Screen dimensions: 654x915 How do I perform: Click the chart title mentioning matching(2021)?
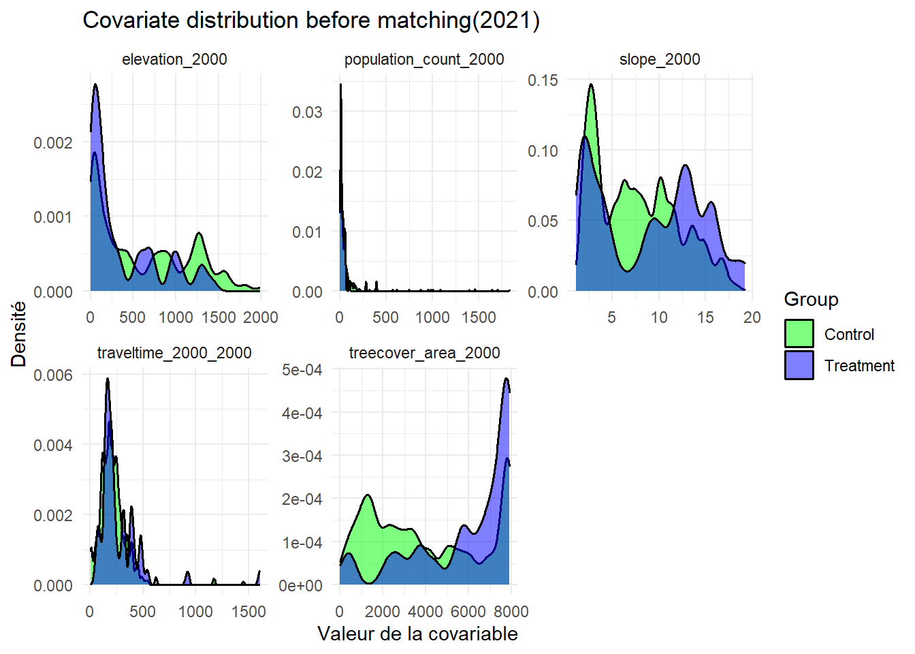point(311,20)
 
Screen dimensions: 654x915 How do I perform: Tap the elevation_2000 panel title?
point(174,59)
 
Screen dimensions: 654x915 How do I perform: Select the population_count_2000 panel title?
point(424,59)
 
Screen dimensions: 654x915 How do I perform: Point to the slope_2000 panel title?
point(660,59)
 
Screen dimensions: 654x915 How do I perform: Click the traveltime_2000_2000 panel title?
point(174,353)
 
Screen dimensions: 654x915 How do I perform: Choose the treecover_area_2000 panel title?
point(424,353)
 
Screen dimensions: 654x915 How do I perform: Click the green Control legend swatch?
point(799,334)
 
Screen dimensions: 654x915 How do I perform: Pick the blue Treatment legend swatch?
point(799,365)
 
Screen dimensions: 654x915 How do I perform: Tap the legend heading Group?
point(811,300)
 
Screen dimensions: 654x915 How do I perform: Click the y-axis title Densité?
point(19,334)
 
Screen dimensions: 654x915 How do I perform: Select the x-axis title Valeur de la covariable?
point(417,634)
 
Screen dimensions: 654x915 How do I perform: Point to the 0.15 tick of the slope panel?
point(543,80)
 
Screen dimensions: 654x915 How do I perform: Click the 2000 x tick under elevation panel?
point(261,317)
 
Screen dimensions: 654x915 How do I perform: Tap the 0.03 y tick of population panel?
point(307,112)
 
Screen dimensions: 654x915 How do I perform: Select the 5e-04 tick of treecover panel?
point(302,370)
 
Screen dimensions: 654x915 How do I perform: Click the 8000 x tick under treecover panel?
point(511,612)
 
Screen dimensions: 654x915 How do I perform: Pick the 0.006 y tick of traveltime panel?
point(53,375)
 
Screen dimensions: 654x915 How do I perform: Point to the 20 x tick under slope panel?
point(752,317)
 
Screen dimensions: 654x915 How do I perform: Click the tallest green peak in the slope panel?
point(591,86)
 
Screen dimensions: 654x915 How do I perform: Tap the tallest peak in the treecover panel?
point(506,379)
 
